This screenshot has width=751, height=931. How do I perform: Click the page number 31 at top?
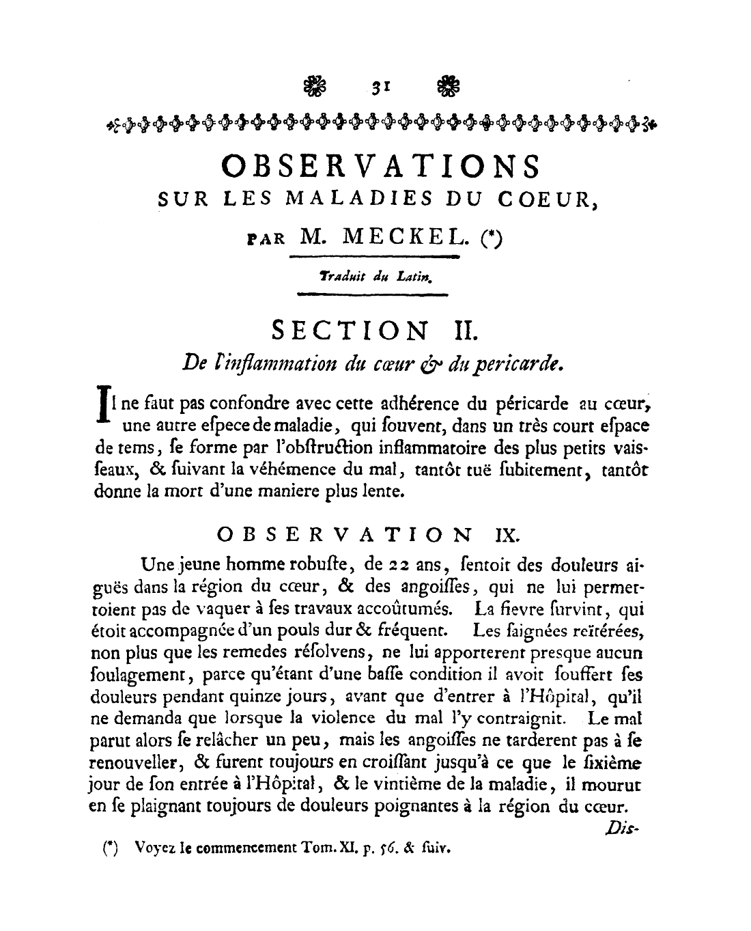coord(380,87)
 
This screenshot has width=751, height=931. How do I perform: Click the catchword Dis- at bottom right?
coord(620,829)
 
